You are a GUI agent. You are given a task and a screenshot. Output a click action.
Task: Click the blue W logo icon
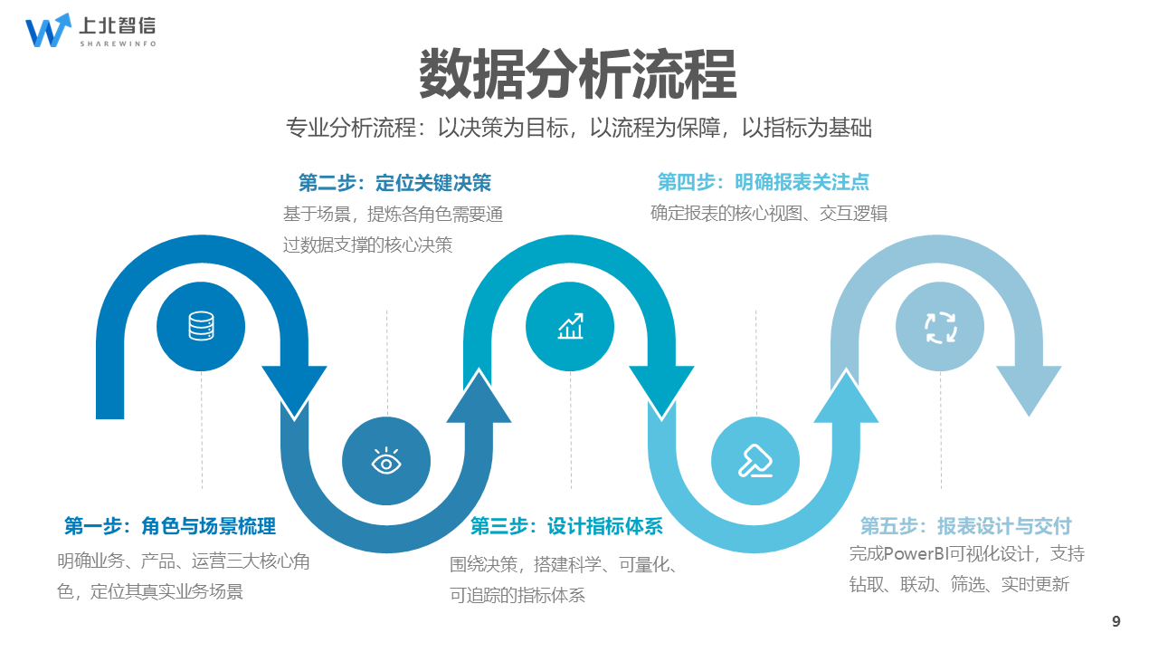(47, 30)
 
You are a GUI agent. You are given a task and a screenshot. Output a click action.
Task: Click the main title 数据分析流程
(577, 74)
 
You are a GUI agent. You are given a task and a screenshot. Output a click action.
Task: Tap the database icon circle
(201, 326)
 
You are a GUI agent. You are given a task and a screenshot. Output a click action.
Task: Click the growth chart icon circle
(570, 326)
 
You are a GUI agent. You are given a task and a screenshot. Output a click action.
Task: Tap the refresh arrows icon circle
(940, 326)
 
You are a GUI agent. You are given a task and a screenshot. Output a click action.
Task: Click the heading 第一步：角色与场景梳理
(170, 526)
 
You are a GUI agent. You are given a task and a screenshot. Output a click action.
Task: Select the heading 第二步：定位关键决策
(394, 183)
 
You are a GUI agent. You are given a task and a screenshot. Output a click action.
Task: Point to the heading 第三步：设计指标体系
(566, 526)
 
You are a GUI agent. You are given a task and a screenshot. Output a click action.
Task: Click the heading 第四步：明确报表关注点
(763, 183)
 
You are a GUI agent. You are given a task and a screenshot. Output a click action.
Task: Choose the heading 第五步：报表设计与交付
(965, 526)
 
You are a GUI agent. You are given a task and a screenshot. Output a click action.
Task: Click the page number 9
(1115, 621)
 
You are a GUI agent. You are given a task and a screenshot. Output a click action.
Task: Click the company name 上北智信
(117, 25)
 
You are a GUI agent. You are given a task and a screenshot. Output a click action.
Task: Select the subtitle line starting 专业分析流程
(578, 129)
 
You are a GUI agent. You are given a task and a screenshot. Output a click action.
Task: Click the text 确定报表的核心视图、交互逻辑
(768, 214)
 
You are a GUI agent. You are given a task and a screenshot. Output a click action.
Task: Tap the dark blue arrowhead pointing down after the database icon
(294, 389)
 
